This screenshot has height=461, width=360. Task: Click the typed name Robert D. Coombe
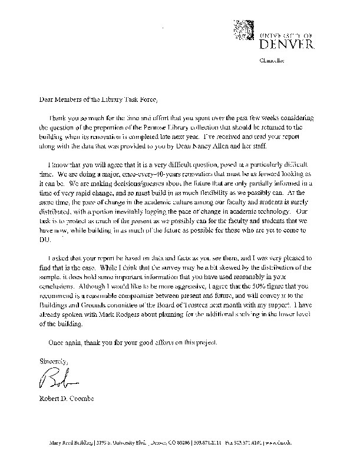(x=70, y=400)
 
